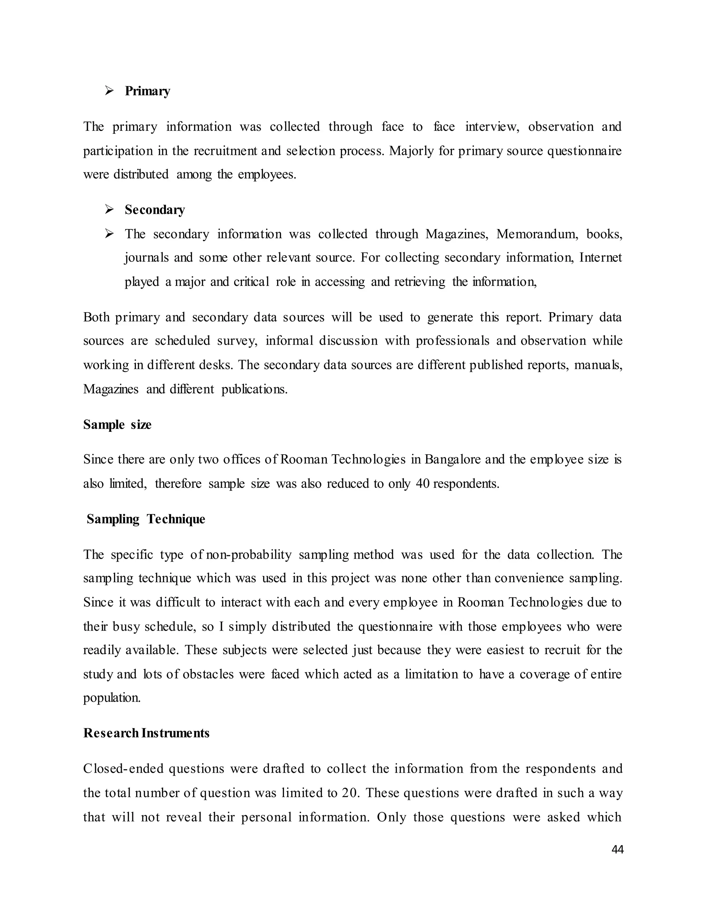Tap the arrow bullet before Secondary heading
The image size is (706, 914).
tap(110, 209)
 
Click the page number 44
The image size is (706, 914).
tap(617, 849)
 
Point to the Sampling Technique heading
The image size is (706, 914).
tap(145, 519)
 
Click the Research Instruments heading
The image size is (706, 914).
tap(146, 733)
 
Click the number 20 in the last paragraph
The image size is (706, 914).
tap(350, 793)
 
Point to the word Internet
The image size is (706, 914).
tap(601, 257)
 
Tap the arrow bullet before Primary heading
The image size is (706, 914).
tap(110, 91)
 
